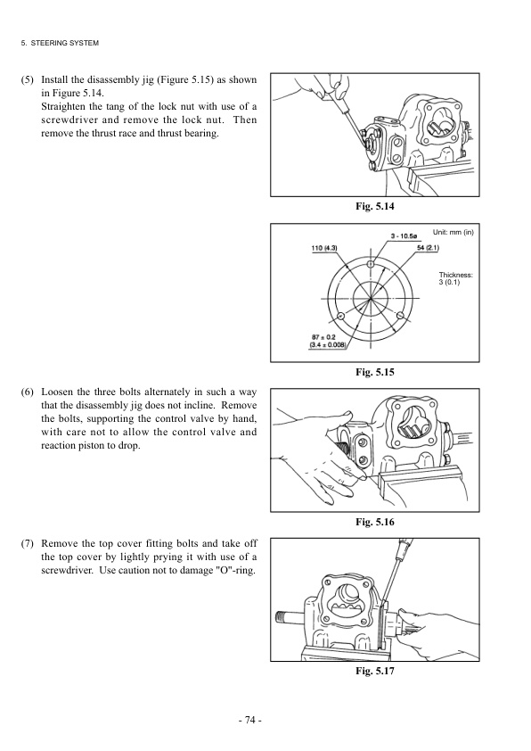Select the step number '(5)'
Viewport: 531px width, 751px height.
tap(28, 79)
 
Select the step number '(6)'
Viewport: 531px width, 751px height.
tap(28, 392)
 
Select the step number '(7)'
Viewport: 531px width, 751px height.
tap(28, 541)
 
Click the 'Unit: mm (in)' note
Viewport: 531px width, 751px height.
tap(453, 232)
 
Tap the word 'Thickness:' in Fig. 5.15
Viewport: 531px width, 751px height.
tap(455, 275)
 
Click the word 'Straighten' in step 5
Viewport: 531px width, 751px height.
tap(67, 106)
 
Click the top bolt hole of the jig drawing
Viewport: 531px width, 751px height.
tap(371, 265)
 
